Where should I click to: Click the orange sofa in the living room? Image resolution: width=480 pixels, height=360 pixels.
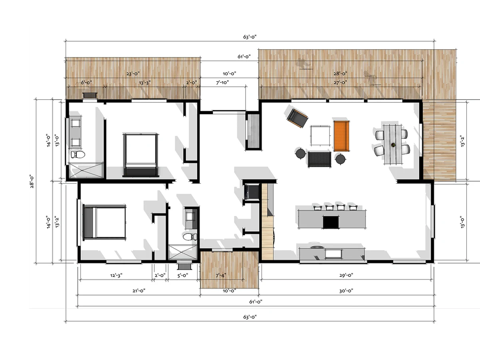point(341,136)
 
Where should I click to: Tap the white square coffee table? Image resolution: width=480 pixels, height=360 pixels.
point(320,135)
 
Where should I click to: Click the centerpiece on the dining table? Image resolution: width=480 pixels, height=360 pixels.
point(393,144)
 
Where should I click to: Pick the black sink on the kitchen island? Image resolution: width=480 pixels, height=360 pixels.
point(331,222)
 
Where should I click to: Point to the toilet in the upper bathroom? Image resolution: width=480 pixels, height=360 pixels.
point(78,154)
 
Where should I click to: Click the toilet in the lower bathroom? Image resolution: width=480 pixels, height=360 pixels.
point(190,236)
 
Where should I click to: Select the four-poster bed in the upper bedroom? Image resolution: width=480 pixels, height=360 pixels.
point(141,155)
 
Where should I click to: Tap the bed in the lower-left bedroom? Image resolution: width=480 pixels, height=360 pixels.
point(104,222)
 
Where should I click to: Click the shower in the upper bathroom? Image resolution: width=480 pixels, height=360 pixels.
point(86,170)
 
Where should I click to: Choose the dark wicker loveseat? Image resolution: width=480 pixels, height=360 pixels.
point(320,159)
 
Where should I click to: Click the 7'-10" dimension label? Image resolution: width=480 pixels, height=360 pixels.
point(222,83)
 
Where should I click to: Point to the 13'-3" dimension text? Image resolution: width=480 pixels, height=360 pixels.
point(144,83)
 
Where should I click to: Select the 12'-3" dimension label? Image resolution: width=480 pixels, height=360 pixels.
point(116,275)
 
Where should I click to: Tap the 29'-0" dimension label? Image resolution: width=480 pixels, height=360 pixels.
point(346,275)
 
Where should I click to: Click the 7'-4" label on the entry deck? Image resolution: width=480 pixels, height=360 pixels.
point(221,275)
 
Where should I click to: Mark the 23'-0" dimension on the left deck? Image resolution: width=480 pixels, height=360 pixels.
point(133,74)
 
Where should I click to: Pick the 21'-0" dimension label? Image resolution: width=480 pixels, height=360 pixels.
point(139,291)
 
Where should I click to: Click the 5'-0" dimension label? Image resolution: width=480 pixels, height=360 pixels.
point(182,275)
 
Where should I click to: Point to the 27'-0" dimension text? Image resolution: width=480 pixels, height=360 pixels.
point(340,83)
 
